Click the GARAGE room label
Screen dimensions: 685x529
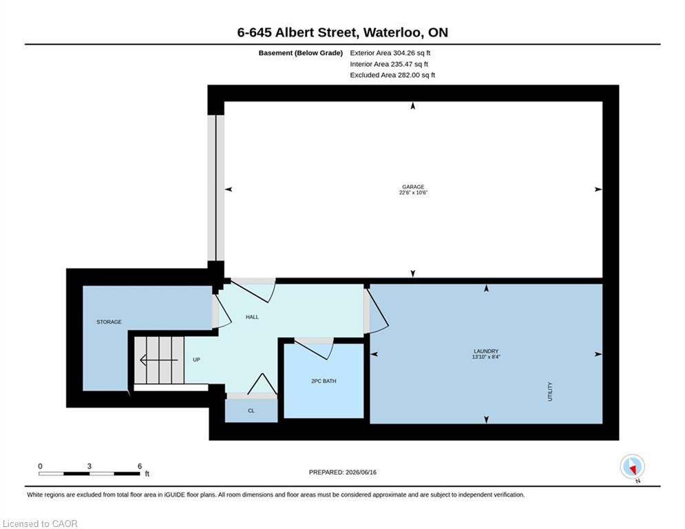(413, 187)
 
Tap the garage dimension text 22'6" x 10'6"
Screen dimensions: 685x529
(413, 192)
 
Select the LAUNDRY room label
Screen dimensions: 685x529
(486, 351)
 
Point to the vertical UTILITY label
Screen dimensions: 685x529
(550, 391)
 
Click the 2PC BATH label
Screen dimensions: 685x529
(324, 381)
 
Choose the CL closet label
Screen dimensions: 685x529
(251, 411)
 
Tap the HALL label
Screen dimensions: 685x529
(252, 317)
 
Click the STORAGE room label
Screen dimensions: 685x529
(109, 322)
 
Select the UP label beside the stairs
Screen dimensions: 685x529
(197, 360)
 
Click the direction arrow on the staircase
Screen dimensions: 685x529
(158, 360)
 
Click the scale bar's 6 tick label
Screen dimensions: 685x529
(140, 466)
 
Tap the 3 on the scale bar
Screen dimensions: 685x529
(89, 466)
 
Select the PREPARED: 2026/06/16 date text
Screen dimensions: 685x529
(343, 472)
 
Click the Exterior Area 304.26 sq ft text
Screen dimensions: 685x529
(390, 53)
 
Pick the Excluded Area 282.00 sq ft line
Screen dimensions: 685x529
(392, 75)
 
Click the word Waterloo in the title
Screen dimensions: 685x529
(392, 32)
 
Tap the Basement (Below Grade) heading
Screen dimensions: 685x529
(301, 53)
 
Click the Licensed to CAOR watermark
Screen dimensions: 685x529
(40, 523)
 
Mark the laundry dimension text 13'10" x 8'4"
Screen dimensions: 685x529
(486, 357)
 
